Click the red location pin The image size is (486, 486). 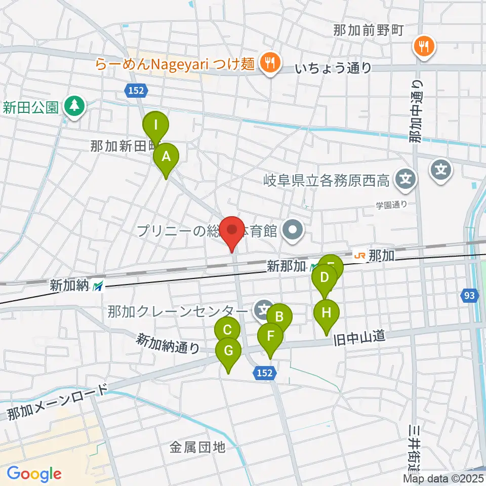232,231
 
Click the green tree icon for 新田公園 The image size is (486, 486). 75,106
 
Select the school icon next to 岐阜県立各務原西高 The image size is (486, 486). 406,179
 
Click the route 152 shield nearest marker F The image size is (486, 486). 264,373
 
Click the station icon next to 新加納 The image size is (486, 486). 98,286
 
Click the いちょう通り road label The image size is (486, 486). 334,68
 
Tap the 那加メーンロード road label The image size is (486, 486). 58,403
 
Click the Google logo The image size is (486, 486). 34,474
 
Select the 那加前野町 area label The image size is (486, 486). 368,30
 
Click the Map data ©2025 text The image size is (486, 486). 443,478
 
